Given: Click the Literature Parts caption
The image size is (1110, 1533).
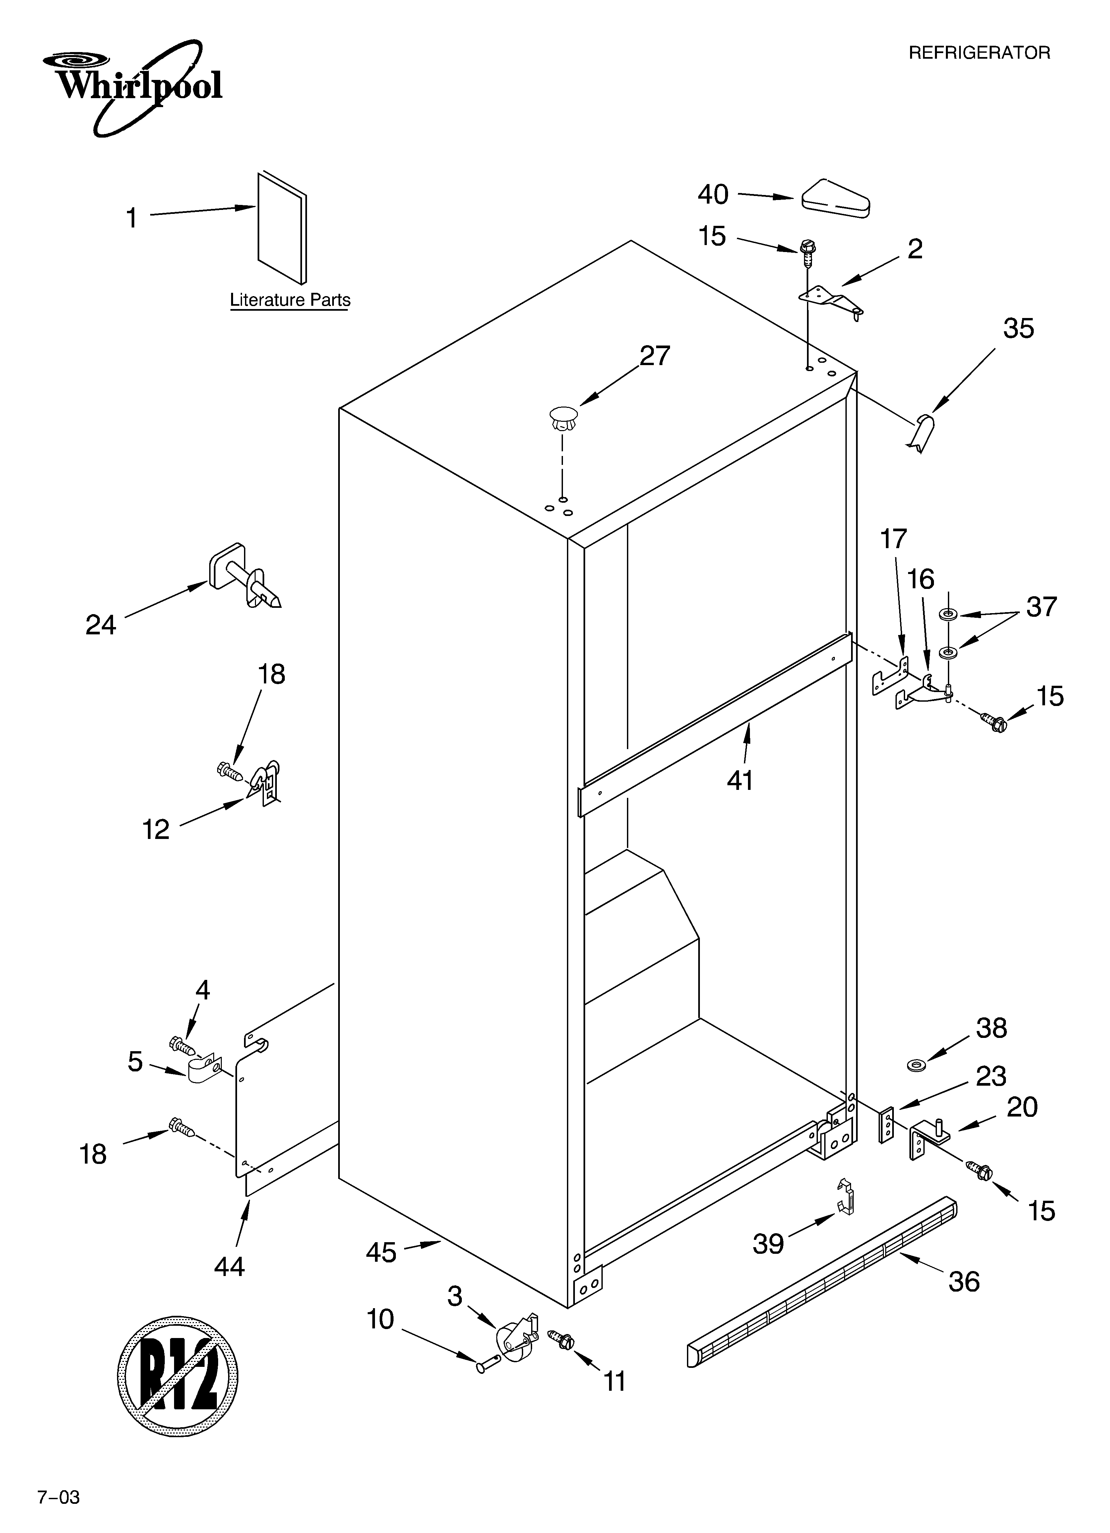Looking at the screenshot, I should click(290, 300).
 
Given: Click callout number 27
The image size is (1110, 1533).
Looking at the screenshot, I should click(654, 356).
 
